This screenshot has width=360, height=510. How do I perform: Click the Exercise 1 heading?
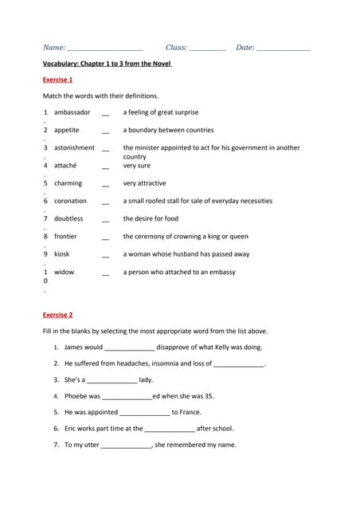[x=57, y=80]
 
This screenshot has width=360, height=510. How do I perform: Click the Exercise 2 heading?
[x=57, y=315]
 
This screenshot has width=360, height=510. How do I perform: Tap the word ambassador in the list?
[x=72, y=112]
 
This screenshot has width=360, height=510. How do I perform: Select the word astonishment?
[x=74, y=147]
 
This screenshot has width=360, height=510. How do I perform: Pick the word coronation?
[x=70, y=201]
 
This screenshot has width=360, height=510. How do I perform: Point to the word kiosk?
[x=61, y=254]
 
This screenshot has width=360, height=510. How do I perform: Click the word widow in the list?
[x=64, y=272]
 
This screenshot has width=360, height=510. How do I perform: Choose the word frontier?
[x=65, y=236]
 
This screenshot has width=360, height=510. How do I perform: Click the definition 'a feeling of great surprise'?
[x=160, y=112]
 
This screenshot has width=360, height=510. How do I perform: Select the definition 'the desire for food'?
[x=151, y=218]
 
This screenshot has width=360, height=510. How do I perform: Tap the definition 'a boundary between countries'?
[x=168, y=130]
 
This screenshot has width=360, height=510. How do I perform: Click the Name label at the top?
[x=54, y=48]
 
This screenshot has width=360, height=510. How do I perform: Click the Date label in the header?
[x=245, y=48]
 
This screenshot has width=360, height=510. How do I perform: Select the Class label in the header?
[x=176, y=48]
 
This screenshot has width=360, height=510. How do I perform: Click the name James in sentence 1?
[x=73, y=347]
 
